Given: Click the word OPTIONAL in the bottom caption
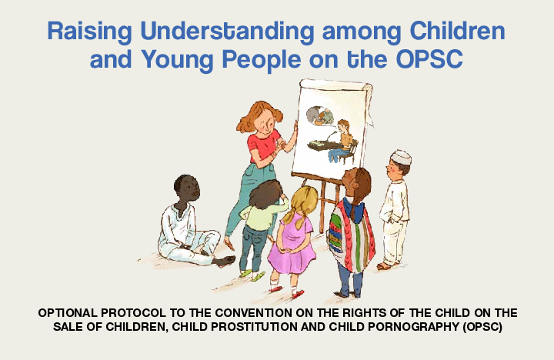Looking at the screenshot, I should (73, 314).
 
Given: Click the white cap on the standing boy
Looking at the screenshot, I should (400, 157).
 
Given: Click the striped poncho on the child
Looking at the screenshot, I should (350, 231).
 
